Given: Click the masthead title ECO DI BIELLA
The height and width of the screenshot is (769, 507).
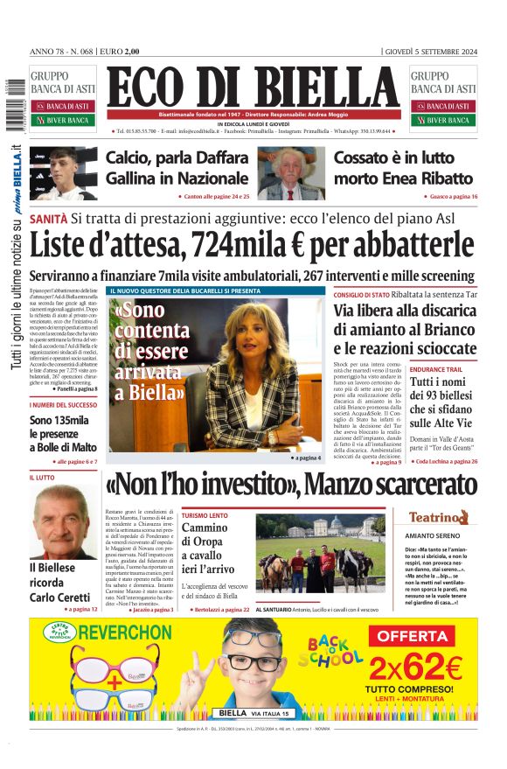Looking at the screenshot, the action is [x=253, y=87].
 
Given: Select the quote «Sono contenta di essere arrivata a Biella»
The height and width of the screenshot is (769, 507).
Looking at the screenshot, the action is [x=150, y=349].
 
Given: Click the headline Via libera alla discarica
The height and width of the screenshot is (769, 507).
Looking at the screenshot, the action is [x=405, y=311].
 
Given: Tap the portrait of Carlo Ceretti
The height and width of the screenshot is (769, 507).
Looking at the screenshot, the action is [x=65, y=522].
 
